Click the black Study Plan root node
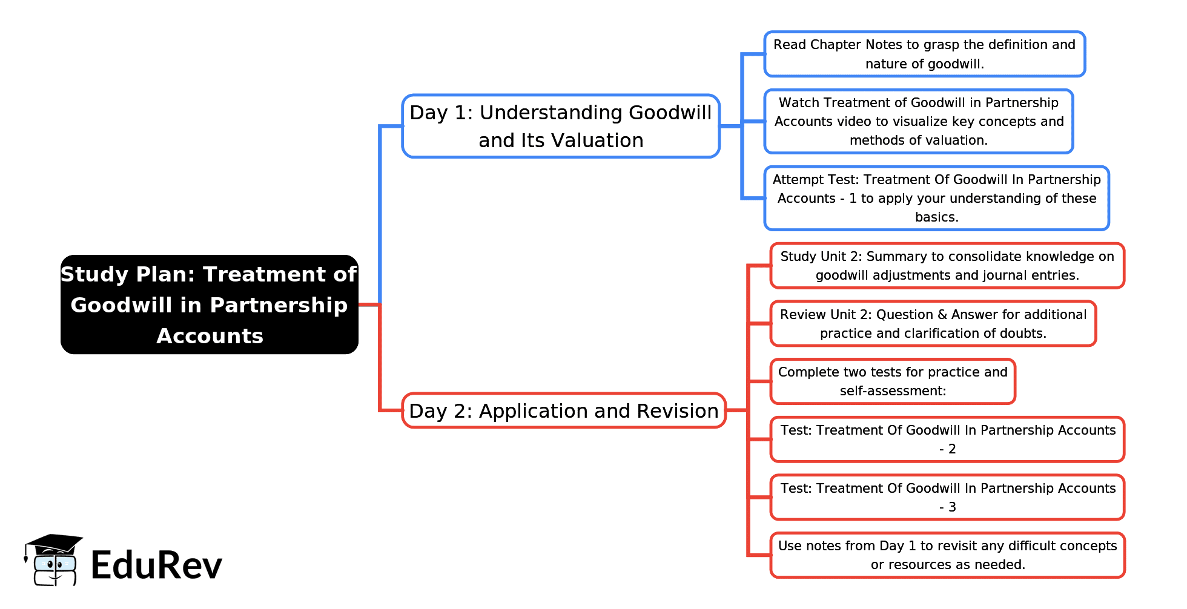pos(210,304)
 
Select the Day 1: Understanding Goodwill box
pos(561,126)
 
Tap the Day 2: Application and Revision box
pos(564,410)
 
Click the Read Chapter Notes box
pos(925,54)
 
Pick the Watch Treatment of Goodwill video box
pos(919,121)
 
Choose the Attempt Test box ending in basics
pos(937,198)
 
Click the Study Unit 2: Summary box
pos(947,266)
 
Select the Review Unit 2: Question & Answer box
pos(933,324)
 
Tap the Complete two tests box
pos(893,381)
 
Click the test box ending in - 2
pos(947,439)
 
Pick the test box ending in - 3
pos(947,498)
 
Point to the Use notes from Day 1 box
pos(947,555)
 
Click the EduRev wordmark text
pos(156,565)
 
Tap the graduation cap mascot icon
pos(53,560)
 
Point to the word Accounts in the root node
pos(210,336)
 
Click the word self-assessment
pos(893,391)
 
